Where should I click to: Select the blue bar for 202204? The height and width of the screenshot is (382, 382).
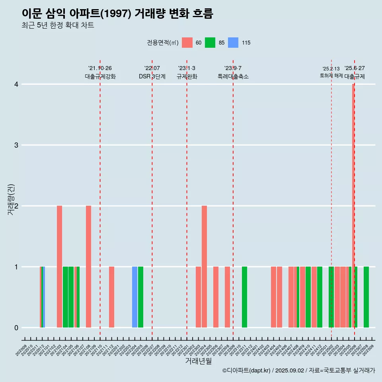point(135,297)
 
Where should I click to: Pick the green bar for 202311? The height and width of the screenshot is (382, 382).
point(244,297)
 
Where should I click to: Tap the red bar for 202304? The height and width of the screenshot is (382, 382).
point(204,267)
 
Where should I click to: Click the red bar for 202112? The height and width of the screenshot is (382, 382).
point(112,297)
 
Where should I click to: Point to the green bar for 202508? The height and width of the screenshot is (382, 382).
point(366,297)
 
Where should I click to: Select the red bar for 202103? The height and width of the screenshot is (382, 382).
point(59,267)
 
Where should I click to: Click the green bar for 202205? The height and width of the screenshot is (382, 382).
point(141,297)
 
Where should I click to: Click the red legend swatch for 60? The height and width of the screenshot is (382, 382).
point(187,43)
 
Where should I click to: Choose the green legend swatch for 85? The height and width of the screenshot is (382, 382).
point(210,43)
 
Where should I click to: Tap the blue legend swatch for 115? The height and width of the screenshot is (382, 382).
point(233,43)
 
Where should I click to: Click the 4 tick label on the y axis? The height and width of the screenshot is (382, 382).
point(16,84)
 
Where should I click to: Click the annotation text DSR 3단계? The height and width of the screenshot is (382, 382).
point(152,76)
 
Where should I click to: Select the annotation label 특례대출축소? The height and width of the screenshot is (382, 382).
point(233,76)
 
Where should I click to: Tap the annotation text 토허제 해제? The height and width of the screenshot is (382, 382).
point(331,76)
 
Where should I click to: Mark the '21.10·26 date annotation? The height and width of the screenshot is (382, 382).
point(100,68)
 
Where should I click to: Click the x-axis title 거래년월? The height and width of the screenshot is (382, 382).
point(198,361)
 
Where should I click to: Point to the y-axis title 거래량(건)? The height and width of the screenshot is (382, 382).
point(11,199)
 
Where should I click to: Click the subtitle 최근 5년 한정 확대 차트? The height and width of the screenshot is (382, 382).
point(58,25)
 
